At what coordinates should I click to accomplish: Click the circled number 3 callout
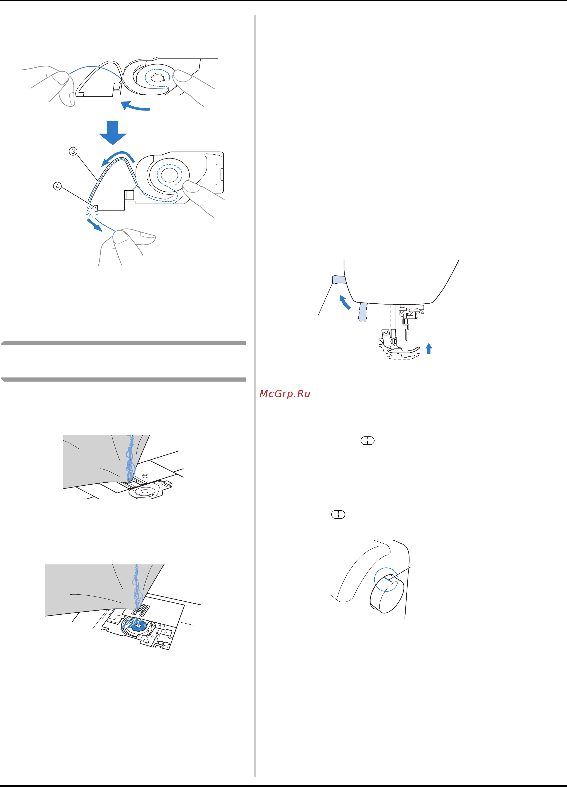[x=73, y=151]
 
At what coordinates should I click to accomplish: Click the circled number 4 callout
[x=57, y=186]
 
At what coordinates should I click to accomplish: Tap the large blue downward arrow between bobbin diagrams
[x=113, y=133]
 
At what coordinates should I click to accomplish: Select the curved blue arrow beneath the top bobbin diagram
[x=135, y=106]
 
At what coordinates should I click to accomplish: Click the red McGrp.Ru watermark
[x=285, y=394]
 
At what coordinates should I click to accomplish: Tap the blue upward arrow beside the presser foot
[x=429, y=348]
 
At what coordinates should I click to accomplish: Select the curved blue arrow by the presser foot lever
[x=344, y=303]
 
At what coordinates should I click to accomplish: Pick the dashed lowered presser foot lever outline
[x=363, y=312]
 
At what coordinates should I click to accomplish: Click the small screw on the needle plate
[x=145, y=474]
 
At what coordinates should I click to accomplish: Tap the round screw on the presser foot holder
[x=394, y=341]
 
